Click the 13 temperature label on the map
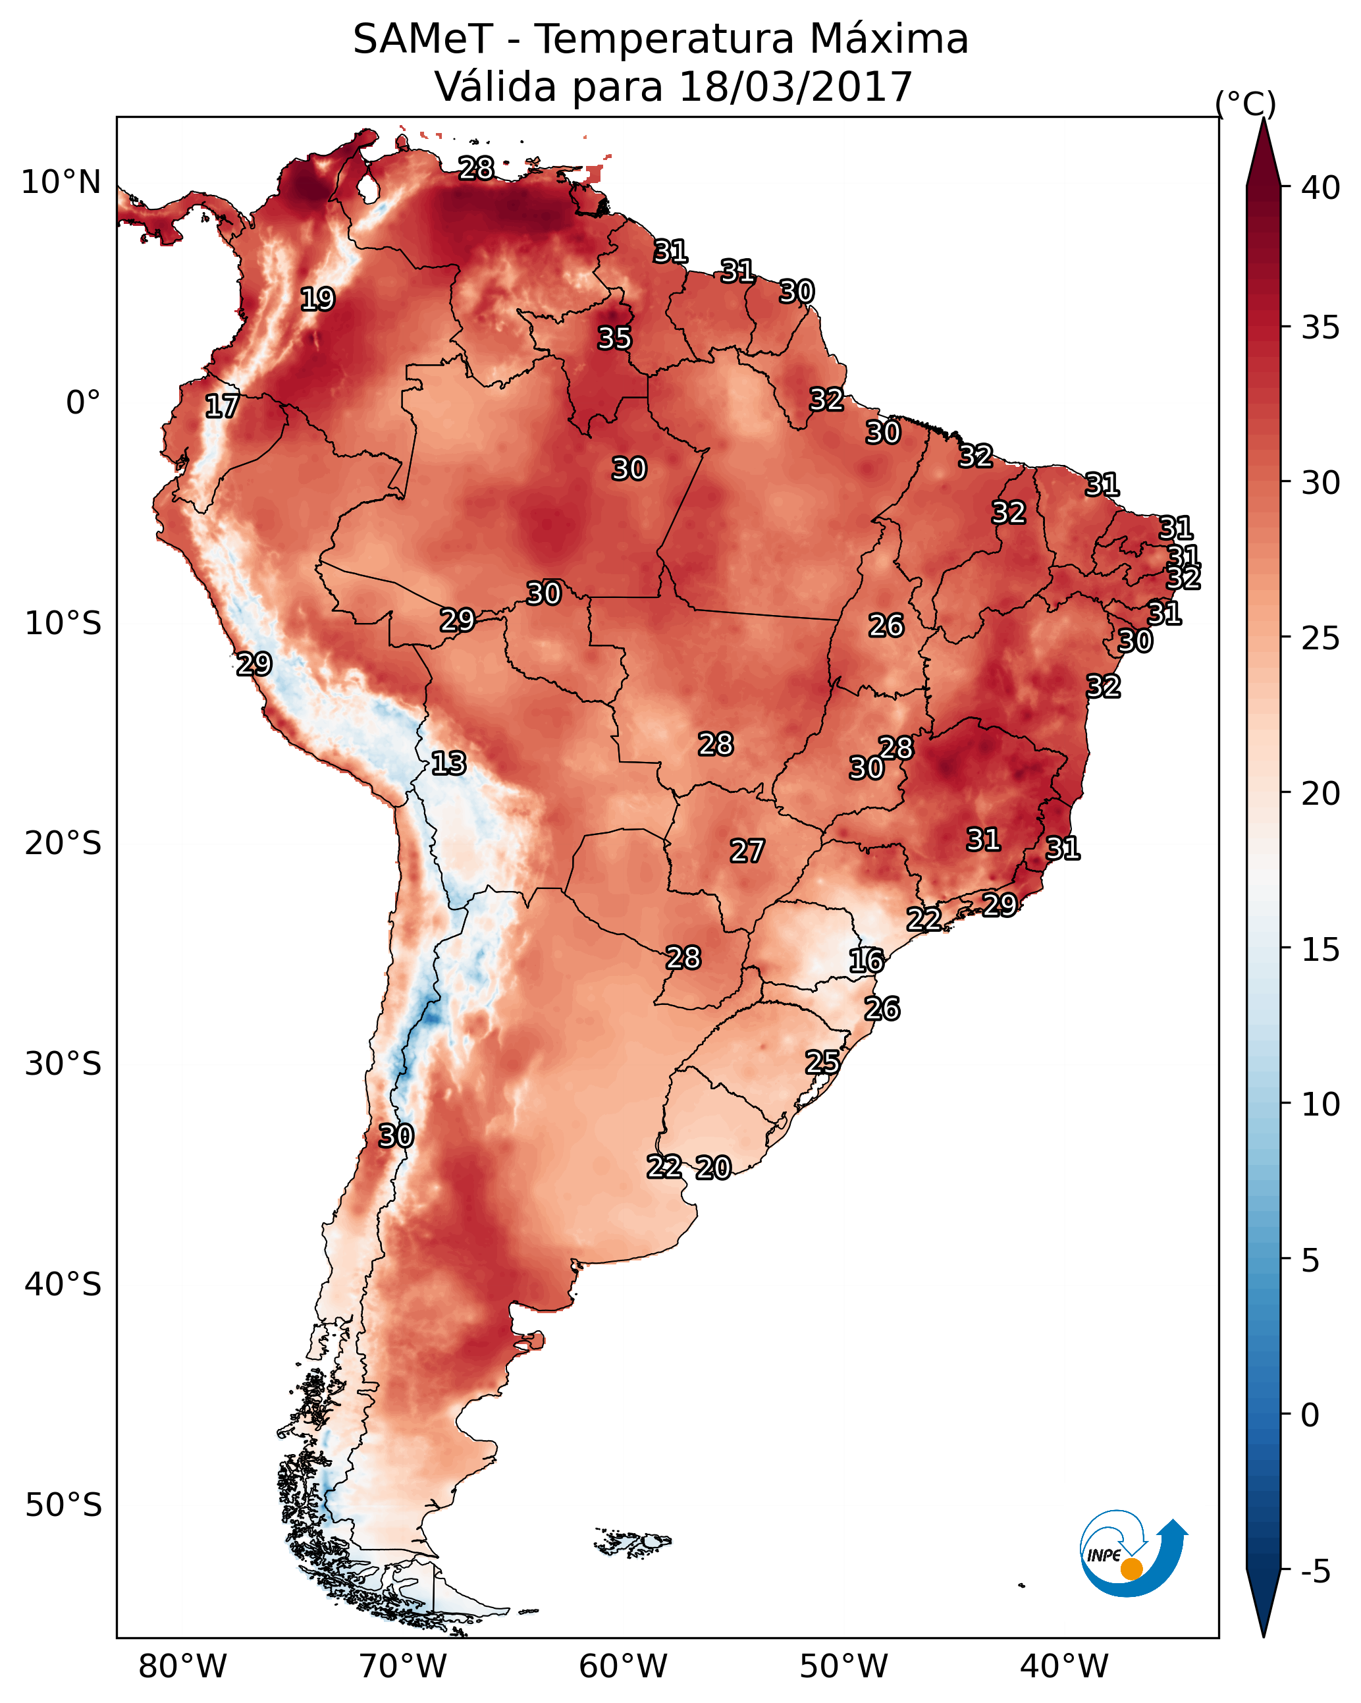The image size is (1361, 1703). [x=448, y=764]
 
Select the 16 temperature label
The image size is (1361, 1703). [x=867, y=961]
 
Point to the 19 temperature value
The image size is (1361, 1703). [x=317, y=300]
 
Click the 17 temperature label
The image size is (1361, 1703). [x=222, y=407]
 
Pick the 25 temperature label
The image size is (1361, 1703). [x=822, y=1062]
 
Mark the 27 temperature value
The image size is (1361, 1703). [x=747, y=851]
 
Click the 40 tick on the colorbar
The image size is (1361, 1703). [x=1321, y=188]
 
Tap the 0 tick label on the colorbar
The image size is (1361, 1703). [x=1310, y=1415]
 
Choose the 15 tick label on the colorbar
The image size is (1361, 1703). [x=1321, y=950]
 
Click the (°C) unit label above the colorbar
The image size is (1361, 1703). [x=1245, y=103]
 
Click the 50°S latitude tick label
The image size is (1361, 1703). [x=63, y=1505]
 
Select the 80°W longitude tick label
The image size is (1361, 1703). [x=182, y=1667]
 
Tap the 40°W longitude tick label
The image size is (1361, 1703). [x=1064, y=1667]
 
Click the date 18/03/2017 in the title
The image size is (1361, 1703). [x=795, y=87]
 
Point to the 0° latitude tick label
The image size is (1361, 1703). [x=84, y=403]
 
